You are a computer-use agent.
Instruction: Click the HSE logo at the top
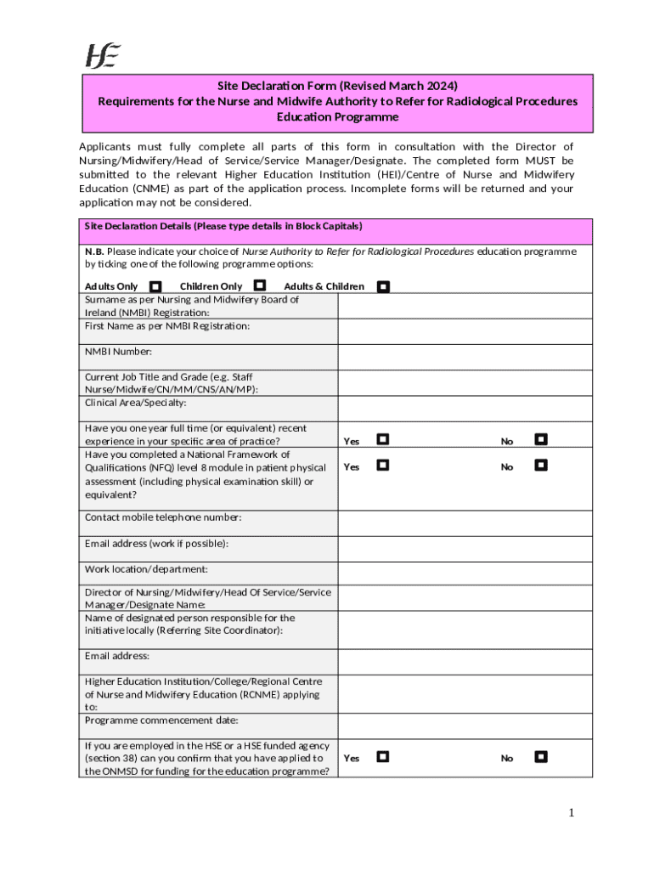tap(102, 55)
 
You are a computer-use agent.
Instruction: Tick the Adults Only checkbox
tap(155, 287)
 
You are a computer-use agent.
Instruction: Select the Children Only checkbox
tap(260, 285)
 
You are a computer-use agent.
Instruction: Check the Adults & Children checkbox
tap(383, 287)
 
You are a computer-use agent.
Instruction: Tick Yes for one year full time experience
tap(383, 439)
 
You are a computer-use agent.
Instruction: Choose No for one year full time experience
tap(541, 439)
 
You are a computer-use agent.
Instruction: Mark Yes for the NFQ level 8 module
tap(383, 465)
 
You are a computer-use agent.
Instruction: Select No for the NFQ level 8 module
tap(541, 465)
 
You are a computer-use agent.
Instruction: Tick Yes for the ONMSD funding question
tap(383, 756)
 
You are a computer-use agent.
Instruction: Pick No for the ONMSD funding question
tap(541, 756)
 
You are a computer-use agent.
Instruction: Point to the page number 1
tap(572, 813)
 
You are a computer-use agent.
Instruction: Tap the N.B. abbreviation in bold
tap(94, 251)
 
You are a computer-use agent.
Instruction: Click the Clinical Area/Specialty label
tap(136, 403)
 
